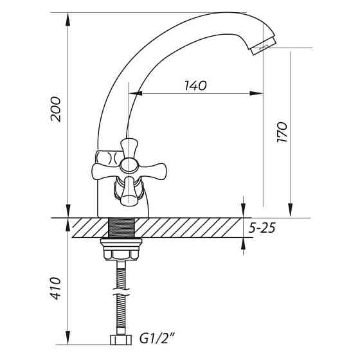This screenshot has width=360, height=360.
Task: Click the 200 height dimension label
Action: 56,109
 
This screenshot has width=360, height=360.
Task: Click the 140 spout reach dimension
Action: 195,85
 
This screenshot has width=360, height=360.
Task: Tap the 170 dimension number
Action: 282,132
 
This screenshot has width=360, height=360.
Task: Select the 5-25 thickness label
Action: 262,228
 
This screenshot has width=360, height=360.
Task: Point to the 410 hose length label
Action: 56,289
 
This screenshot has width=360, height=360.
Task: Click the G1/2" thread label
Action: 157,339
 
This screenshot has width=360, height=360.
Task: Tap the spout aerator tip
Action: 264,46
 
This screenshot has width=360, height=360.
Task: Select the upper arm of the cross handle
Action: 129,148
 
